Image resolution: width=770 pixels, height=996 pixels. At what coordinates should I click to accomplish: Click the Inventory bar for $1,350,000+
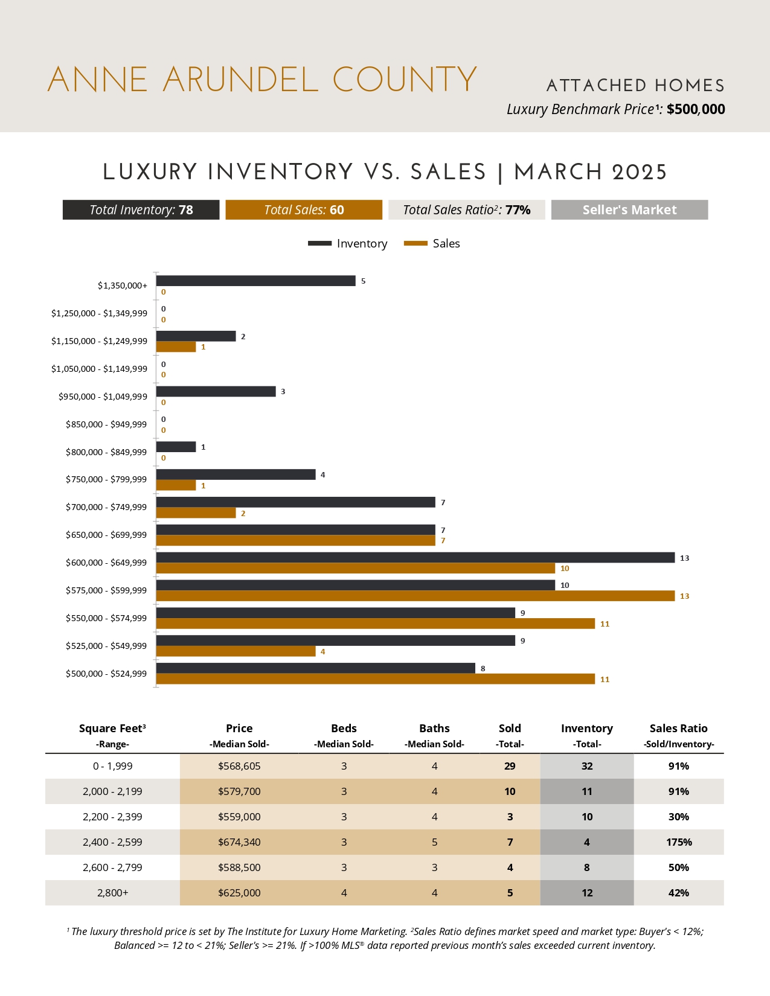point(255,281)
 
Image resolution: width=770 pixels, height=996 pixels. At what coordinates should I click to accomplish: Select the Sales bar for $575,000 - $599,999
point(415,596)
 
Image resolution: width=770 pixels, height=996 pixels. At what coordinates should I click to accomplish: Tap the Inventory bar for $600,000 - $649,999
point(415,558)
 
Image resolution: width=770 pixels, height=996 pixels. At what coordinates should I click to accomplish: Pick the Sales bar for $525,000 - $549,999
point(236,651)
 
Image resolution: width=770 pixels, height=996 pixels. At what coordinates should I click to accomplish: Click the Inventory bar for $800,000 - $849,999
point(176,447)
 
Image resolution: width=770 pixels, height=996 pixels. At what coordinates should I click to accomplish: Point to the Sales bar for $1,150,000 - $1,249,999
point(176,347)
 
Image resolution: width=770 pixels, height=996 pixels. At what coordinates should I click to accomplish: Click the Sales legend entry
point(432,243)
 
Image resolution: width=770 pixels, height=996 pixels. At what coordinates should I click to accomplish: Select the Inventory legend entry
point(348,243)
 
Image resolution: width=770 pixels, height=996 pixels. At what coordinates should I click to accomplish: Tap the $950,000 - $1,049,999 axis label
point(103,397)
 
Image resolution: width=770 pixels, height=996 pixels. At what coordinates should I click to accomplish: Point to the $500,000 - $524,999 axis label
point(106,674)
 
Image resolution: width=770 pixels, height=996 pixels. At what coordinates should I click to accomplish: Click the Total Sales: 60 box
point(304,210)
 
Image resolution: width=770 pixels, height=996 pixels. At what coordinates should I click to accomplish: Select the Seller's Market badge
point(629,210)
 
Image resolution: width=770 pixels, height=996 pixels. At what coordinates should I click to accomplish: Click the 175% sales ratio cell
point(679,842)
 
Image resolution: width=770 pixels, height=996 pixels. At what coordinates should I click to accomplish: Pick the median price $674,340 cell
point(239,842)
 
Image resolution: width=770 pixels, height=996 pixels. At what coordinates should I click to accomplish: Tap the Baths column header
point(434,729)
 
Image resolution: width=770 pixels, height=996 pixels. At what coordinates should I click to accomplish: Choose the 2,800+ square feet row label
point(113,893)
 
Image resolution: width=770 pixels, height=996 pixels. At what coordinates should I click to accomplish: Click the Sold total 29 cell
point(510,766)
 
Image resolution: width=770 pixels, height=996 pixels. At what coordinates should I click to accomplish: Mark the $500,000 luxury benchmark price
point(696,109)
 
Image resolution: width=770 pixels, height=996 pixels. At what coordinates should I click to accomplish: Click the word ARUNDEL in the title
point(240,80)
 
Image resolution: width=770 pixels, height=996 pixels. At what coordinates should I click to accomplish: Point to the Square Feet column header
point(112,729)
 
